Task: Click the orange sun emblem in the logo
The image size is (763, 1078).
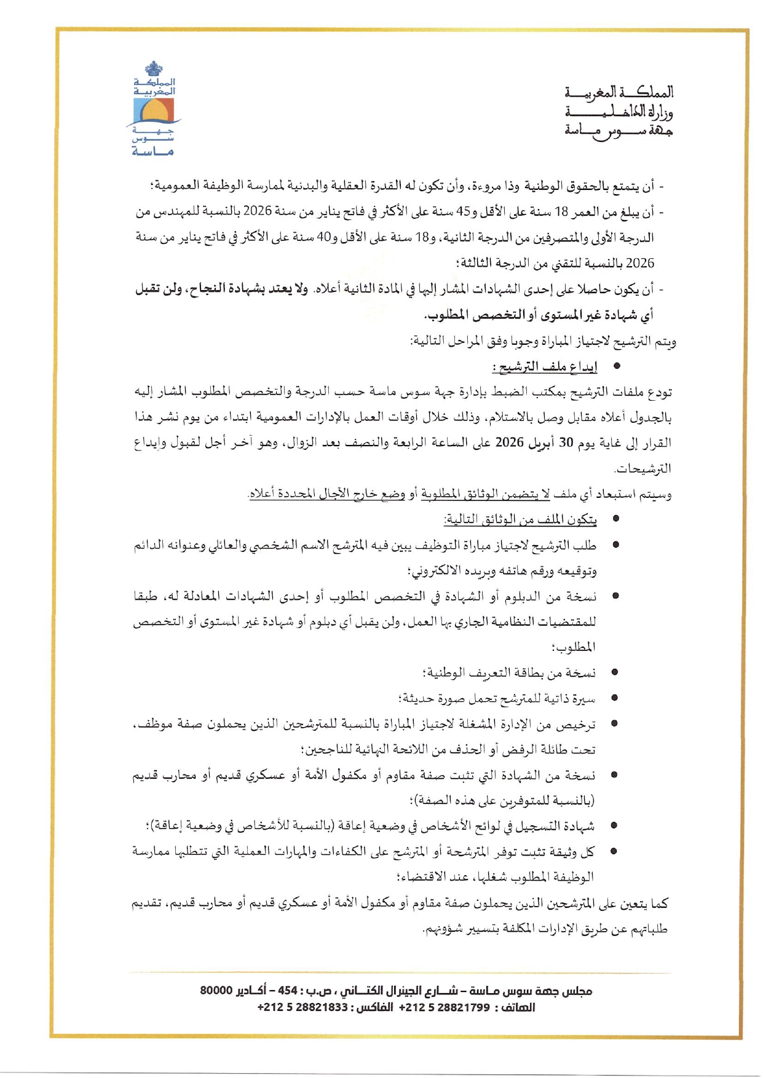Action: [x=154, y=111]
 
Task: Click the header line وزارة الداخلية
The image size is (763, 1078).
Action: [x=619, y=112]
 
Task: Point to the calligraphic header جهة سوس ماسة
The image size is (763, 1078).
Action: [x=619, y=131]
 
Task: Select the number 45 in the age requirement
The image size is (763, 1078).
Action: [x=463, y=212]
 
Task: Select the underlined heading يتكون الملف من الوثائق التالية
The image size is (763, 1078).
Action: [x=520, y=520]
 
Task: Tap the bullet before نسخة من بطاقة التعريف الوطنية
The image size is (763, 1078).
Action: [x=614, y=672]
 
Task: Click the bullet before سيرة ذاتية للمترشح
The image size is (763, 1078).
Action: [x=614, y=698]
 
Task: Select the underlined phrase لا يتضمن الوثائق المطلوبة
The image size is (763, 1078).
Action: [x=486, y=494]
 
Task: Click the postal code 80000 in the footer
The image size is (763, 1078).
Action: [x=216, y=991]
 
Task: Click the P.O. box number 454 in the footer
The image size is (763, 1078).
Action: [x=288, y=991]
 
